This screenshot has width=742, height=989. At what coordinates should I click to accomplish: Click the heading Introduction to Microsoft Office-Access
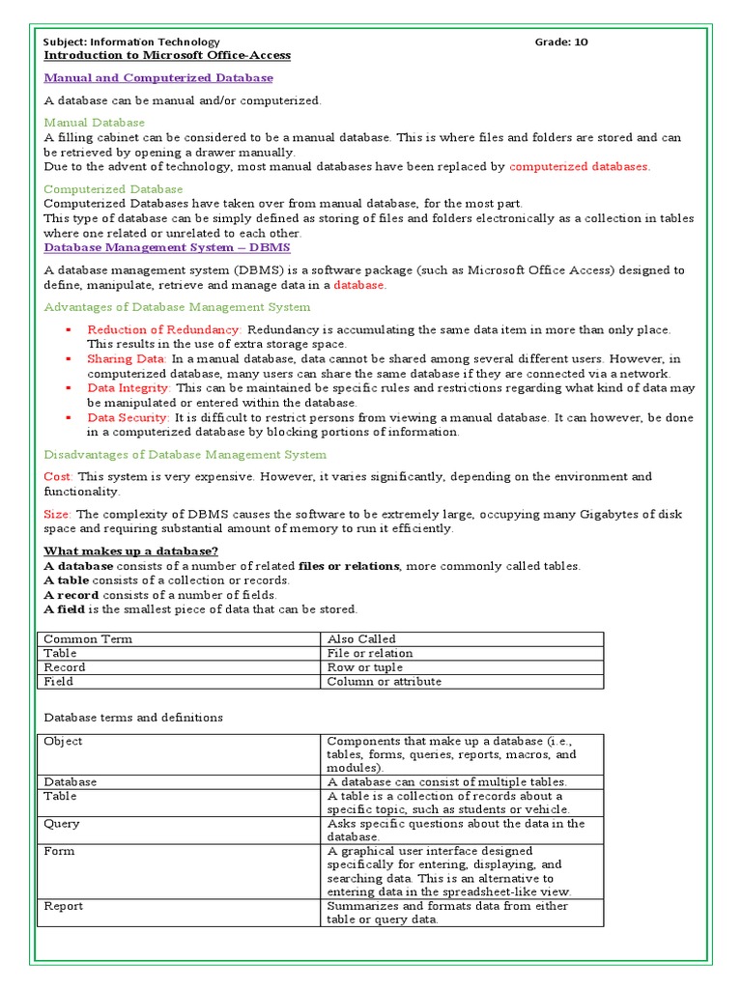[x=167, y=56]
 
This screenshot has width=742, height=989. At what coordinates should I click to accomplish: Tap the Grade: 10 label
[x=560, y=42]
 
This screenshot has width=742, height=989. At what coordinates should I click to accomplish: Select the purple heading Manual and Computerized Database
[x=158, y=78]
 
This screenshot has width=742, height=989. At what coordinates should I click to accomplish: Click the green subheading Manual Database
[x=95, y=123]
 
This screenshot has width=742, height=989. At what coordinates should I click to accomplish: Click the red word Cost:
[x=58, y=477]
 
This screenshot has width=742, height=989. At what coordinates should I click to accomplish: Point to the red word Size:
[x=58, y=515]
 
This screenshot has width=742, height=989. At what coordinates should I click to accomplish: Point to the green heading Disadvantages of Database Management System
[x=185, y=455]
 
